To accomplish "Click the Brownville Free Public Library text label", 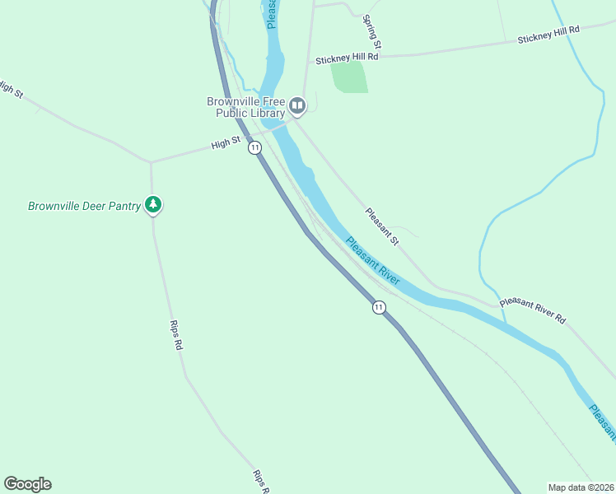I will (245, 107).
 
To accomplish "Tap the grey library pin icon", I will (297, 106).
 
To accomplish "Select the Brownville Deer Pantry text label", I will (84, 206).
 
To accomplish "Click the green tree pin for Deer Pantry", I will (152, 204).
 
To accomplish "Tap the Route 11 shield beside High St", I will (255, 147).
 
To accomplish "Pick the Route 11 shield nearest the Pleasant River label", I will (378, 307).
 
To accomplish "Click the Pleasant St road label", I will (382, 226).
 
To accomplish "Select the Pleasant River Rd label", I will (533, 310).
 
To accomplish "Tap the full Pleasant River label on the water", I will (373, 261).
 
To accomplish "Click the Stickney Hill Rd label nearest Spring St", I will (347, 58).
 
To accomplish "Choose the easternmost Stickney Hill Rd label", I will (548, 35).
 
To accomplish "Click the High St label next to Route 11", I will (225, 143).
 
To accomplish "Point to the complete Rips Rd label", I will (175, 336).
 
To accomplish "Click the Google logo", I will (27, 484).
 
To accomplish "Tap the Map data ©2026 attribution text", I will (581, 487).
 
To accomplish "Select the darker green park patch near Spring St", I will (349, 76).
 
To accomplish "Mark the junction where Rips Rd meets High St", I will (151, 161).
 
